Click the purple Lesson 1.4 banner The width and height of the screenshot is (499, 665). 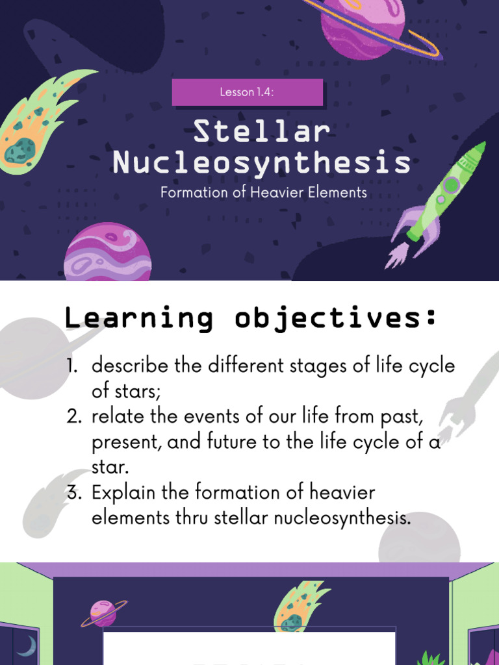point(247,92)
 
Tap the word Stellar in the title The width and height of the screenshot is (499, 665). point(262,132)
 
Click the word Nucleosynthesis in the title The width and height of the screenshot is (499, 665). point(261,162)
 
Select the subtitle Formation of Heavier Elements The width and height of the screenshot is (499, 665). point(264,193)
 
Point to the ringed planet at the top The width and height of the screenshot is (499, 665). point(364,26)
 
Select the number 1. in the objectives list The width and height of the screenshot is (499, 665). point(75,366)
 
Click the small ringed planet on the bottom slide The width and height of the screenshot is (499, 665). point(103,612)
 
